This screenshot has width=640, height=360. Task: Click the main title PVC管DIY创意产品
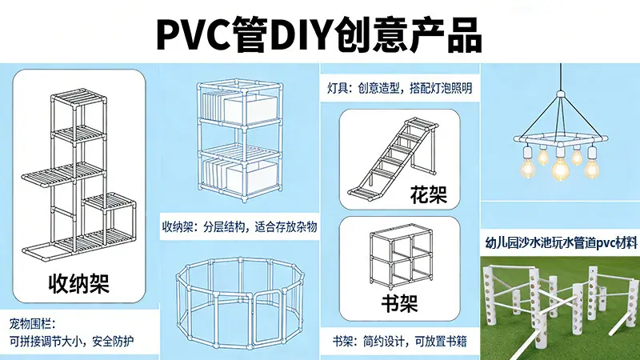(319, 34)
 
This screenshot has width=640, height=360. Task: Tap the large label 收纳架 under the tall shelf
(78, 283)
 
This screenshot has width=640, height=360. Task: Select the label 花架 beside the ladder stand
(428, 194)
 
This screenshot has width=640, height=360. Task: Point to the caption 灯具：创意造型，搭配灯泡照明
(399, 88)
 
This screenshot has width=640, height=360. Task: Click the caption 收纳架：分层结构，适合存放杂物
(239, 226)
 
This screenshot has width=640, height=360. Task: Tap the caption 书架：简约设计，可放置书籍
(399, 342)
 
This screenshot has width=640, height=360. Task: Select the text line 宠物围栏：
(32, 324)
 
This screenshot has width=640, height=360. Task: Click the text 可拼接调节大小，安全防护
(71, 342)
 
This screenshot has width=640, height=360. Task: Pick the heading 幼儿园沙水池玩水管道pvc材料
(561, 243)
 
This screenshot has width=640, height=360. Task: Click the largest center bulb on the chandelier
(560, 166)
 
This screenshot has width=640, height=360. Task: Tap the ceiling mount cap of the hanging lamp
(562, 95)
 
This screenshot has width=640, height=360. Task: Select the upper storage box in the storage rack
(250, 110)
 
